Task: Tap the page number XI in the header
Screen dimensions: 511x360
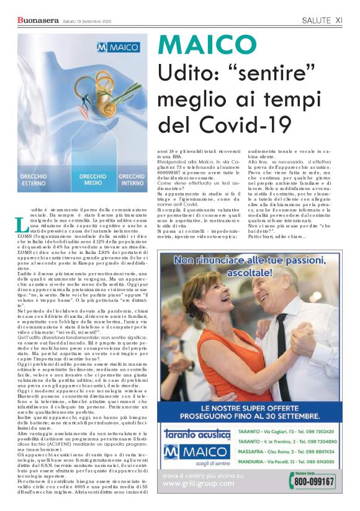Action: (338, 20)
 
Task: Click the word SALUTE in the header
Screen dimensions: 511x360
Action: (317, 20)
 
